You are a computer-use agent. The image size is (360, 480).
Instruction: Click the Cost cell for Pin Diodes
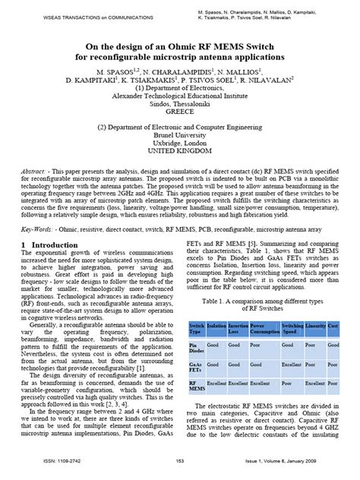(x=333, y=344)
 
